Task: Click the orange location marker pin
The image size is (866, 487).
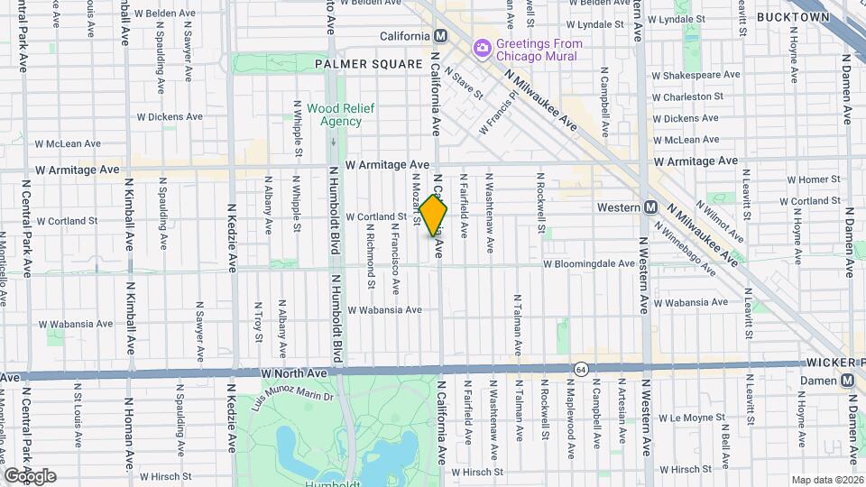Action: click(x=434, y=216)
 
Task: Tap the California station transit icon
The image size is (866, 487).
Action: click(x=441, y=36)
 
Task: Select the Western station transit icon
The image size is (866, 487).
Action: click(x=649, y=207)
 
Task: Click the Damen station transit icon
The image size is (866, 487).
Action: click(x=847, y=381)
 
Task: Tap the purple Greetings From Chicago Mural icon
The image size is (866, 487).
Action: click(x=483, y=46)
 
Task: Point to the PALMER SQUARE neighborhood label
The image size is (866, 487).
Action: click(x=368, y=64)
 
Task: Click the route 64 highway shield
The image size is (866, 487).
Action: click(x=579, y=368)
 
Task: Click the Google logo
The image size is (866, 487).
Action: click(x=30, y=476)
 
